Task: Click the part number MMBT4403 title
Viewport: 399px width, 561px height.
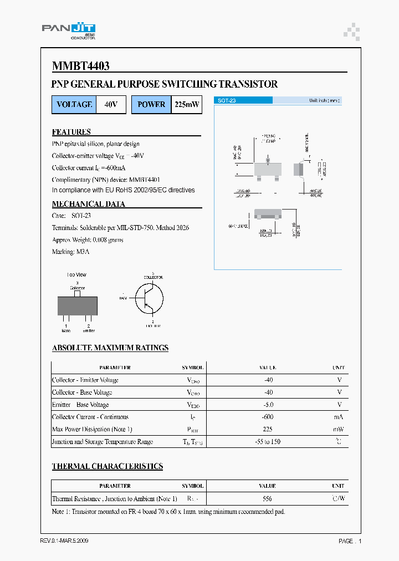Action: pyautogui.click(x=81, y=66)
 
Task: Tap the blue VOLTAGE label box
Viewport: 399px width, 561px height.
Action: pyautogui.click(x=74, y=104)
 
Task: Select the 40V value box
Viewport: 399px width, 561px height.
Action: pyautogui.click(x=111, y=104)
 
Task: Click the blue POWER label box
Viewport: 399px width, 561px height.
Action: pyautogui.click(x=151, y=104)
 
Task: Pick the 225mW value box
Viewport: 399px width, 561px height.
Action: pyautogui.click(x=186, y=104)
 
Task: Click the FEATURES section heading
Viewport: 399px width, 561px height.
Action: pyautogui.click(x=71, y=132)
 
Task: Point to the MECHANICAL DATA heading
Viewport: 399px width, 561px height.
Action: pyautogui.click(x=89, y=204)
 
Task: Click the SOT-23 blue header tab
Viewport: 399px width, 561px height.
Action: pyautogui.click(x=243, y=100)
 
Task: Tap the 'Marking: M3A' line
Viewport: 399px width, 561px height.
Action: pyautogui.click(x=70, y=252)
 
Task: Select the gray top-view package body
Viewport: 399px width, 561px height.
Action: pyautogui.click(x=78, y=305)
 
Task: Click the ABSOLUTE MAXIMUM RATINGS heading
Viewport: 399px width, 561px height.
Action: pyautogui.click(x=110, y=348)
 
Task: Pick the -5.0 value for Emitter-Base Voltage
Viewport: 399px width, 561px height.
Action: pyautogui.click(x=268, y=405)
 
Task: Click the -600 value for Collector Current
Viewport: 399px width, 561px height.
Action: pyautogui.click(x=268, y=417)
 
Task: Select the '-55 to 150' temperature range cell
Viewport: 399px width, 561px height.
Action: pyautogui.click(x=268, y=442)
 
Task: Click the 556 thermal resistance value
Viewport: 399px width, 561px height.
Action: pyautogui.click(x=268, y=498)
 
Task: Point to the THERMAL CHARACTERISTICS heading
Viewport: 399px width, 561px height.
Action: pyautogui.click(x=107, y=466)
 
